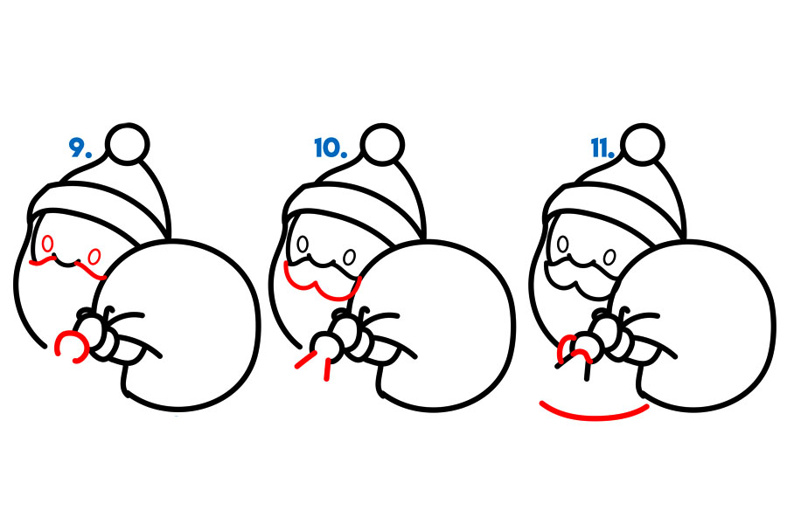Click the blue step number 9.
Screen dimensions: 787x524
pos(80,148)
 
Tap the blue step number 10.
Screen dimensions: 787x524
pos(331,148)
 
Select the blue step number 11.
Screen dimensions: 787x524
pos(602,148)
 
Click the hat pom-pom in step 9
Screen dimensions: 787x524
pos(128,144)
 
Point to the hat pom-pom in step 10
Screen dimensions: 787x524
pos(382,144)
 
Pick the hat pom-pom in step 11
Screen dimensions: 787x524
pos(643,144)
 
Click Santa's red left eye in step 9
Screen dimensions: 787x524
pos(48,244)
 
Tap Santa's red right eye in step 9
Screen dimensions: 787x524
pos(94,257)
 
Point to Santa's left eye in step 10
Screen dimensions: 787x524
pos(303,244)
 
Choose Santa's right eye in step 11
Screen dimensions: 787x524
pos(609,258)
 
